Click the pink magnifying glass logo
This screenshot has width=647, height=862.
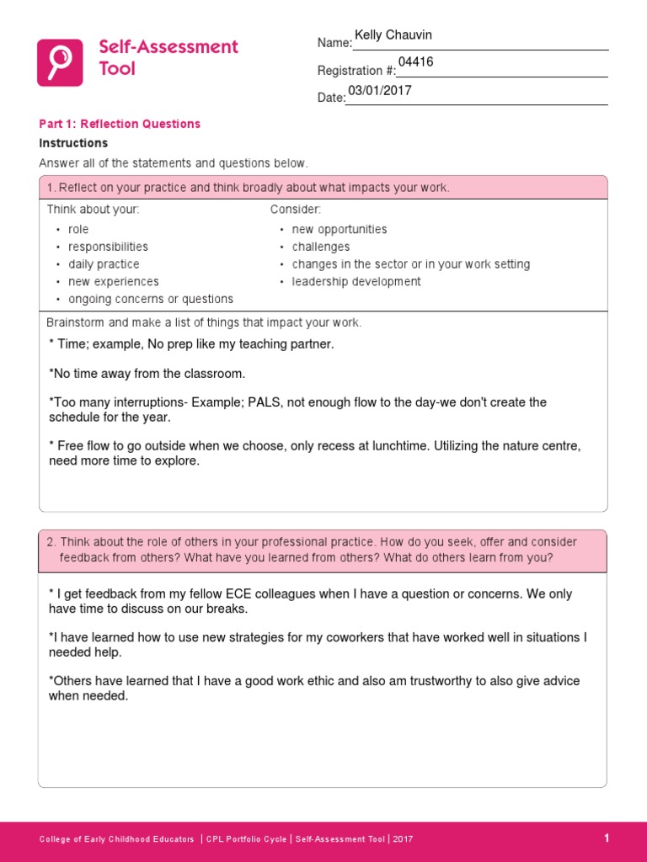[x=60, y=62]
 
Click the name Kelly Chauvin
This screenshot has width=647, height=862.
[x=393, y=35]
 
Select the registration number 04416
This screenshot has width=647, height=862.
[x=415, y=62]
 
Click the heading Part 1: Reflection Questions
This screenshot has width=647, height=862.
[x=120, y=124]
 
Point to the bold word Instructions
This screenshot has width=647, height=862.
[x=73, y=143]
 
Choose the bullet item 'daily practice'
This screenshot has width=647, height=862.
[x=104, y=264]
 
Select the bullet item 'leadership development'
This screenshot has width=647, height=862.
[x=356, y=281]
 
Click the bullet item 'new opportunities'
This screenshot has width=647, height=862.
[x=340, y=229]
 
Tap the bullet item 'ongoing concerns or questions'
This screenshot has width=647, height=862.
[x=151, y=299]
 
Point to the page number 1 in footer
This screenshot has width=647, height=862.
[x=607, y=838]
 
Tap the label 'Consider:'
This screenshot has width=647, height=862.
[x=295, y=209]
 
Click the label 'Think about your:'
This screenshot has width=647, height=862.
[x=93, y=209]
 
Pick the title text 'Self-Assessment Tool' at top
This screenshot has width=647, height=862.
[x=168, y=57]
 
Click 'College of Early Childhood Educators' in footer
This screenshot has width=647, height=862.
[x=116, y=839]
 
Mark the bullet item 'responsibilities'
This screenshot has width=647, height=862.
[x=108, y=247]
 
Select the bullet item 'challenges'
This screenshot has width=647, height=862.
[x=321, y=247]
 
